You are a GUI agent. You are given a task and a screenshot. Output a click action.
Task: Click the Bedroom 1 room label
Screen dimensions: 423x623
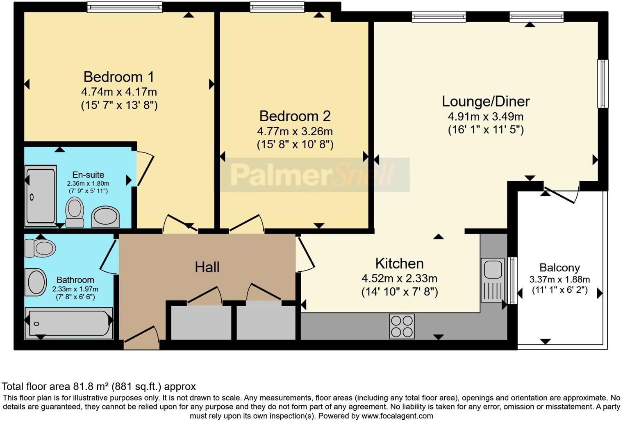pos(119,77)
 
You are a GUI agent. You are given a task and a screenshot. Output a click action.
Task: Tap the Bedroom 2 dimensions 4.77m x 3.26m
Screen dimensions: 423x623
pos(295,132)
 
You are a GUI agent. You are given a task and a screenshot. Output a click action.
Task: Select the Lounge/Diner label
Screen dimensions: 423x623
pos(486,101)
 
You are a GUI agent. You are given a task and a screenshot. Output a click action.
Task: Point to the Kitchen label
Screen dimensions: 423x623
pos(399,263)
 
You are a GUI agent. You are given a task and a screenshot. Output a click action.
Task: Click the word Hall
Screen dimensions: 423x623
pos(207,267)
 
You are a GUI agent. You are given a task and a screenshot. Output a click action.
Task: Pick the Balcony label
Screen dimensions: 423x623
pos(559,268)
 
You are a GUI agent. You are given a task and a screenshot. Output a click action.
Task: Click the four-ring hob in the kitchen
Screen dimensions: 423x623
pos(402,326)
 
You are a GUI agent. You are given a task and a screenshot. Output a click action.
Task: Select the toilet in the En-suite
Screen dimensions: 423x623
pos(75,211)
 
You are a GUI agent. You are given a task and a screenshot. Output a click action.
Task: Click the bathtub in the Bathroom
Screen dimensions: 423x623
pos(69,324)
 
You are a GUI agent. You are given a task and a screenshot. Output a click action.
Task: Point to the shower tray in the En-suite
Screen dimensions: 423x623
pos(41,196)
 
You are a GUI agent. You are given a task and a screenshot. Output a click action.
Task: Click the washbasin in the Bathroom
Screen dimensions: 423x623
pos(36,282)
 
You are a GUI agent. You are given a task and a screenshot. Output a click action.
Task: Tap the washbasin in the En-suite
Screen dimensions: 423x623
pos(105,216)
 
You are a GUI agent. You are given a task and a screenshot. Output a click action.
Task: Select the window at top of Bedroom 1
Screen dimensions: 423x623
pos(125,7)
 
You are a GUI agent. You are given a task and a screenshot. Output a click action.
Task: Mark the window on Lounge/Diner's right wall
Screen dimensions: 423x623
pos(602,84)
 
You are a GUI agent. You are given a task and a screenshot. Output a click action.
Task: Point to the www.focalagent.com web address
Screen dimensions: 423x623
pos(397,416)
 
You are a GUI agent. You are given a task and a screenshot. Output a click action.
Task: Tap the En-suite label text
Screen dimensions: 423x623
pos(88,175)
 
